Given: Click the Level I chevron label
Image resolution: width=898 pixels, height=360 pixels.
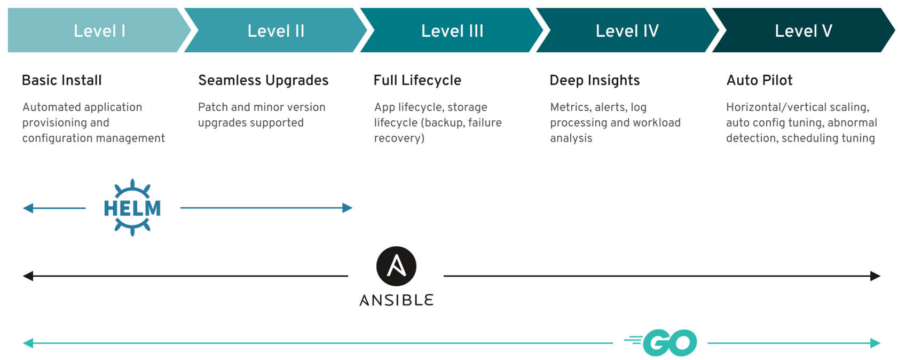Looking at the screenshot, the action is tap(99, 31).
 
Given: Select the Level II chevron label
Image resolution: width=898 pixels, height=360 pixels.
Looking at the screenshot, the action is tap(276, 31).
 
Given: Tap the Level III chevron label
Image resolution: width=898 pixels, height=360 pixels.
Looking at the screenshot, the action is tap(452, 31).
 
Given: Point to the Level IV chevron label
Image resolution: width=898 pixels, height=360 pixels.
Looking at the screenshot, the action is tap(627, 31).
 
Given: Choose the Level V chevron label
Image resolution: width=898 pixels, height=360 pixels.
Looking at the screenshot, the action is tap(804, 31).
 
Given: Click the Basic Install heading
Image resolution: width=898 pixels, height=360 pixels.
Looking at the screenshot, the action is tap(62, 80).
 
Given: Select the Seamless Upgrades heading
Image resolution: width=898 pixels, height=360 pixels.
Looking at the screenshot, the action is tap(263, 80).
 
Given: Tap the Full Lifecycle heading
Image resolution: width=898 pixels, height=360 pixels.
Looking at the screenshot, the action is tap(418, 80).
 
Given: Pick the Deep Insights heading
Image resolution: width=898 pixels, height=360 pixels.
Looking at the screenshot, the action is tap(595, 80).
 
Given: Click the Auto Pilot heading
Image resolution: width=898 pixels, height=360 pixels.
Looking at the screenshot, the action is tap(759, 80).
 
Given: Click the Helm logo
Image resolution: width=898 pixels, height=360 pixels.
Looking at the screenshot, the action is tap(132, 208).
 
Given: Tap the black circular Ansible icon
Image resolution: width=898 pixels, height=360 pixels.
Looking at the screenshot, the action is tap(396, 266).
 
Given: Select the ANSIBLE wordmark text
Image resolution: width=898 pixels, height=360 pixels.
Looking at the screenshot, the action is tap(396, 300).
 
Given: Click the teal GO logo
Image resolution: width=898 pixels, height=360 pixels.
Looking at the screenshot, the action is tap(660, 343).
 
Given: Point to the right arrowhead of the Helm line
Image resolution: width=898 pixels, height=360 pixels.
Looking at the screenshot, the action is tap(348, 208).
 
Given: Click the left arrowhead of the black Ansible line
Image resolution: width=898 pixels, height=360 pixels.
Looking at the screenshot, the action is tap(28, 276).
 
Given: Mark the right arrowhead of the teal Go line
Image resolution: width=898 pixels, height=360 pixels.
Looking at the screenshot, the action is tap(875, 343).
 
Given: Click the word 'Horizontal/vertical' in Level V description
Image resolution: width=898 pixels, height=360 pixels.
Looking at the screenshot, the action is tap(776, 107).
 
